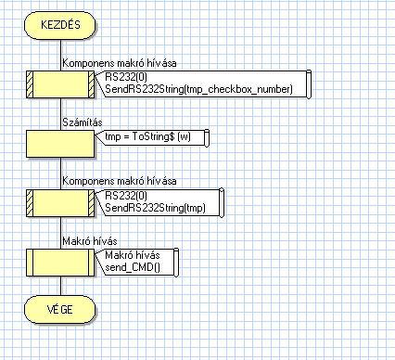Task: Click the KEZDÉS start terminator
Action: [x=60, y=25]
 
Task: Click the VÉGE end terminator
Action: [x=60, y=309]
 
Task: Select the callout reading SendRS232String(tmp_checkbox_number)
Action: [x=202, y=84]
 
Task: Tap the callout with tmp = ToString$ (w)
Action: [x=152, y=137]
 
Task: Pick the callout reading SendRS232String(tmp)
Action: [x=159, y=202]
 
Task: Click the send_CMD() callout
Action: [x=136, y=262]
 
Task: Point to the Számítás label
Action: [x=83, y=122]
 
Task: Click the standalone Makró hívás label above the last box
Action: [x=90, y=241]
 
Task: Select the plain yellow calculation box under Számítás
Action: [x=60, y=144]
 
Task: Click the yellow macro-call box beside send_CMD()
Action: [x=60, y=263]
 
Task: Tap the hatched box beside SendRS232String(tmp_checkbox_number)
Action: [x=60, y=84]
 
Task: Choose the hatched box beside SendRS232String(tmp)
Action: [x=60, y=203]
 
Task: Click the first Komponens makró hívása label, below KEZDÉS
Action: [x=120, y=63]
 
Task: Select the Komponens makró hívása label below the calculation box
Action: [x=120, y=181]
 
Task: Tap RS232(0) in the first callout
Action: [x=126, y=77]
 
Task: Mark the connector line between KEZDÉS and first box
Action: [x=60, y=55]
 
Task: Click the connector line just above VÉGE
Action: [x=60, y=286]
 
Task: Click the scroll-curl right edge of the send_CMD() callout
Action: [x=176, y=262]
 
